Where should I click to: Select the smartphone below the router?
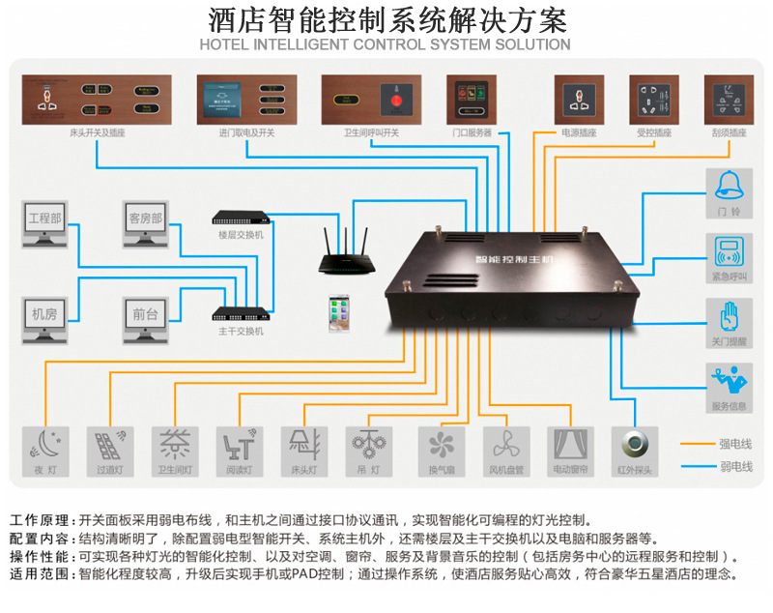(339, 313)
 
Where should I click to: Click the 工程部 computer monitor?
(45, 225)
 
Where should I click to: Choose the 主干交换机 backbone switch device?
(240, 313)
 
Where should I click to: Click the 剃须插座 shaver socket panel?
(730, 100)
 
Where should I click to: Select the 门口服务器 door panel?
(472, 100)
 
